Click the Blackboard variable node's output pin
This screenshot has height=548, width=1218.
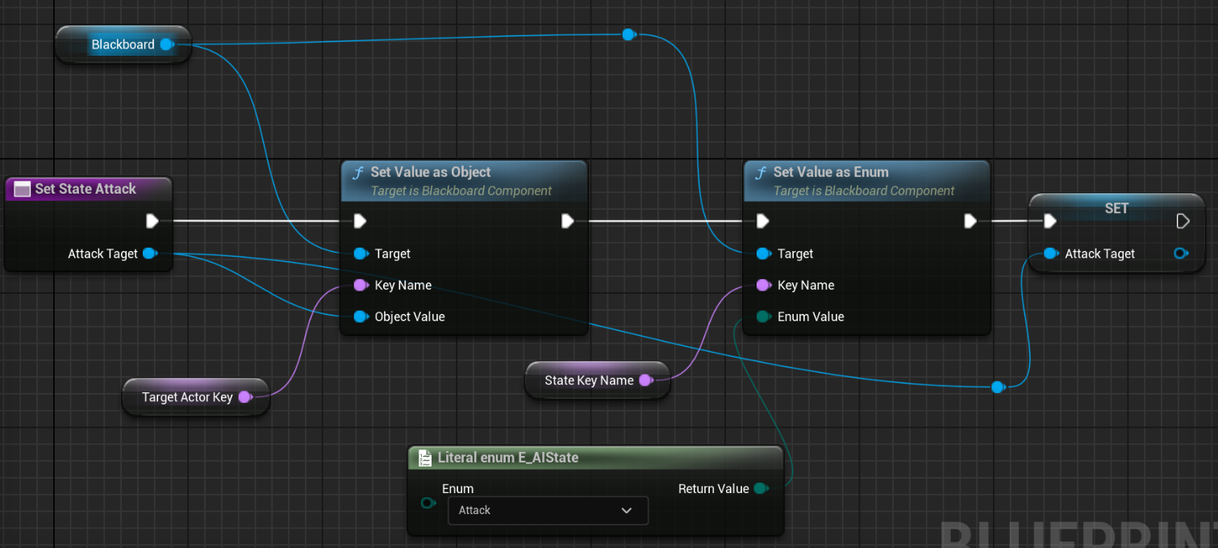pyautogui.click(x=166, y=44)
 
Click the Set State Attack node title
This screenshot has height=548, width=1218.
pyautogui.click(x=86, y=189)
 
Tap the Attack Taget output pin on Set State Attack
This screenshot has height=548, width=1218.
pyautogui.click(x=149, y=253)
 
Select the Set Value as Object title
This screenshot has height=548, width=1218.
pyautogui.click(x=430, y=172)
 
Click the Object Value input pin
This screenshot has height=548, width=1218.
pyautogui.click(x=361, y=316)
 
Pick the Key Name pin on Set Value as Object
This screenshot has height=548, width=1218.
pyautogui.click(x=361, y=285)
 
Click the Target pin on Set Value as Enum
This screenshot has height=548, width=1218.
pyautogui.click(x=763, y=253)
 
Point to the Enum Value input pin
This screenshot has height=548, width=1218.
pyautogui.click(x=763, y=316)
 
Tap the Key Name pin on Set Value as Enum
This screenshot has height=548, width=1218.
pyautogui.click(x=763, y=285)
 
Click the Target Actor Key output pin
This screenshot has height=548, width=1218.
pyautogui.click(x=244, y=397)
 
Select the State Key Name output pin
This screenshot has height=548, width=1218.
pyautogui.click(x=645, y=380)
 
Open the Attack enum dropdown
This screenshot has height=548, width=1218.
pyautogui.click(x=548, y=510)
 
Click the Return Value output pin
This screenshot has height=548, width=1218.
pyautogui.click(x=760, y=488)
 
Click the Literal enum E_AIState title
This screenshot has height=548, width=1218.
pyautogui.click(x=507, y=458)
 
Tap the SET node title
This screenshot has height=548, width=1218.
pyautogui.click(x=1116, y=208)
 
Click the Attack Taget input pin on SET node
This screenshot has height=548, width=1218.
pyautogui.click(x=1050, y=253)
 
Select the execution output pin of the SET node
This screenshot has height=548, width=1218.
pyautogui.click(x=1183, y=221)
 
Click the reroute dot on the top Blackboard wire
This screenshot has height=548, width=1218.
pyautogui.click(x=628, y=35)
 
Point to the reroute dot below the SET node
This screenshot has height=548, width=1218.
pyautogui.click(x=998, y=387)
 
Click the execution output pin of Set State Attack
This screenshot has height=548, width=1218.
pyautogui.click(x=152, y=221)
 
